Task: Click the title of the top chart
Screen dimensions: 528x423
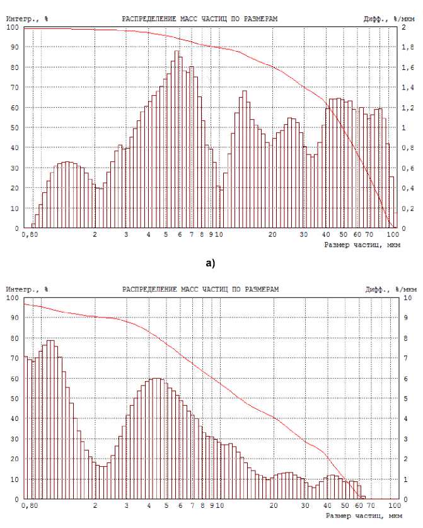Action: (199, 20)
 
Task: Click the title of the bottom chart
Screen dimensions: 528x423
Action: (199, 290)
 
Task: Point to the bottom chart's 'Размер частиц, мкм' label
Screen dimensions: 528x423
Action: (361, 515)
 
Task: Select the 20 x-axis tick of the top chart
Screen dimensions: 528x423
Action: (272, 235)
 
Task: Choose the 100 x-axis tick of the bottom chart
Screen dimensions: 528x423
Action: (394, 505)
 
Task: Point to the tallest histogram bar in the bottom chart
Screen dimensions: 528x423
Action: (50, 419)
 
